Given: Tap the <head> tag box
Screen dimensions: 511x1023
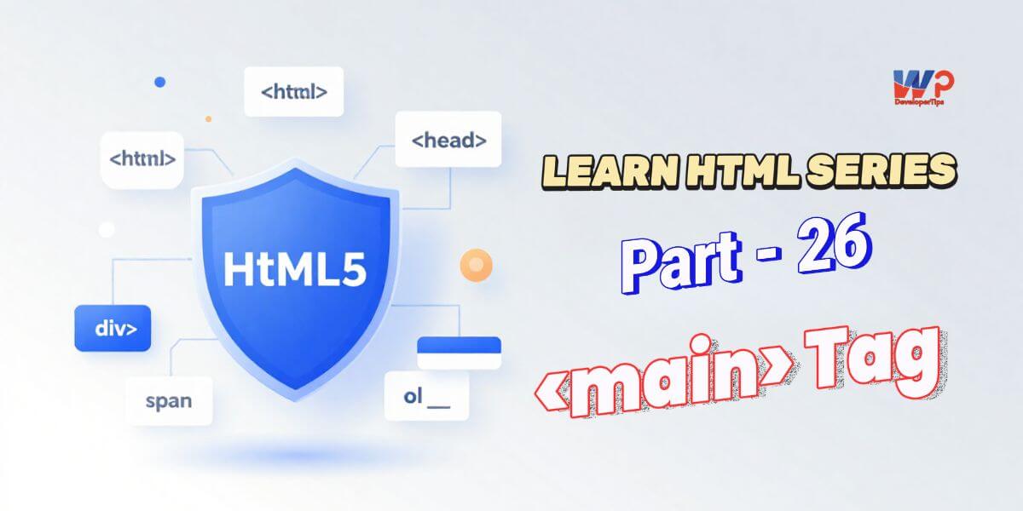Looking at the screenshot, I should (x=448, y=140).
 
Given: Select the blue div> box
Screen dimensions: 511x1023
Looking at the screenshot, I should (x=113, y=327).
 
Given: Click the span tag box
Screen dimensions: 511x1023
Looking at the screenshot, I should (x=169, y=400).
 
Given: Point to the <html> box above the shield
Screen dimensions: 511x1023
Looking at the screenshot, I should (x=293, y=90).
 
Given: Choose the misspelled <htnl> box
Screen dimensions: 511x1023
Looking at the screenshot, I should (x=142, y=159).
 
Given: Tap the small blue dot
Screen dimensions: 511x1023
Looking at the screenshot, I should (x=159, y=82).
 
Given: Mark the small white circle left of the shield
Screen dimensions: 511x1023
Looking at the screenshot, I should (x=107, y=229).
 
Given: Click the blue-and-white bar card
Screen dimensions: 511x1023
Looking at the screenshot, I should (x=459, y=352).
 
